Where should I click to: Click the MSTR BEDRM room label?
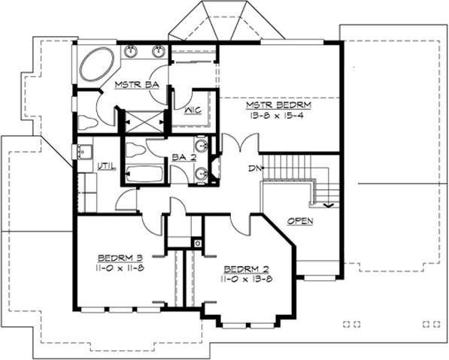coord(278,106)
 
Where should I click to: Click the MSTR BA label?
coord(135,86)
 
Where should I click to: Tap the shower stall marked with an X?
coord(141,119)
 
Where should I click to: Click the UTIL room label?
coord(107,165)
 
